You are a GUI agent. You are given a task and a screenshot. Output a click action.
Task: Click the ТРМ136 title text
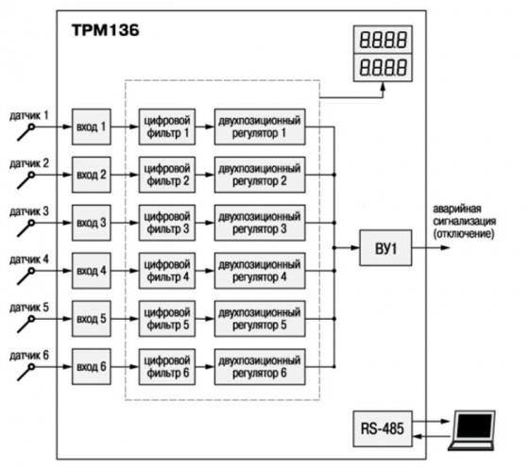point(105,30)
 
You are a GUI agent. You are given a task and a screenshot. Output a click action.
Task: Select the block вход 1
point(92,126)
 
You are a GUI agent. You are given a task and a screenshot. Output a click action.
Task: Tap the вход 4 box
point(92,271)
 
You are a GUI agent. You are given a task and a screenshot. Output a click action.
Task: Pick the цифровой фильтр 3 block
point(167,223)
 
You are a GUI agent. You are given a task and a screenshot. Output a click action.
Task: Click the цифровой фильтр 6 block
point(167,367)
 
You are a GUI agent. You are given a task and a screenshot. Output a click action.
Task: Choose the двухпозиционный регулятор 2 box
point(260,175)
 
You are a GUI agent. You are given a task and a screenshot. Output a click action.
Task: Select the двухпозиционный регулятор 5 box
point(260,319)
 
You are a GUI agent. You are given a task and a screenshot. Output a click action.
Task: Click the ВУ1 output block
point(385,248)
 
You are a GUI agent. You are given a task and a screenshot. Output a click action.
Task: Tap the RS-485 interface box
point(383,428)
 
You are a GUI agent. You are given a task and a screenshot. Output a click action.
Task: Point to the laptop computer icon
point(472,430)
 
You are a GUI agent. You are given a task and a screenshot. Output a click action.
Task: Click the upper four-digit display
point(383,40)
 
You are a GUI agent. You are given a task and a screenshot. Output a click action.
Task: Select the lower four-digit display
point(383,67)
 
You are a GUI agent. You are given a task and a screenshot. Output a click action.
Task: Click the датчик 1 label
point(29,115)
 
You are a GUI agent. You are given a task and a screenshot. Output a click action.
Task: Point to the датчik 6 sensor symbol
point(26,373)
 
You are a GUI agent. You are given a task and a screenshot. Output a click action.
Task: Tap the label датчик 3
point(29,211)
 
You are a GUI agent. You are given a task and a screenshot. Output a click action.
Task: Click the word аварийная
point(457,209)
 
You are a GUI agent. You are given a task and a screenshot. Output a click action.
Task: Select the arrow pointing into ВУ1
point(347,247)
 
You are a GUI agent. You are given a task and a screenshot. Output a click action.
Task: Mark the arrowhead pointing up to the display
point(383,87)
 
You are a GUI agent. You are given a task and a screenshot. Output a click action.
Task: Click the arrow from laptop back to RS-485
point(433,437)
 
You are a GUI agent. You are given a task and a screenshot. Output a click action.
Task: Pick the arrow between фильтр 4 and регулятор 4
point(205,271)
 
